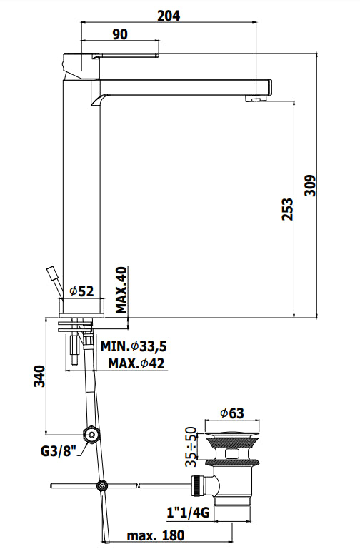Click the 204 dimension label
169,16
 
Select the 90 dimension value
120,34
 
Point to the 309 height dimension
310,185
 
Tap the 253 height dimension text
288,209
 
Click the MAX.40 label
121,290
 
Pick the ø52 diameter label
81,291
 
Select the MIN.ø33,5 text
134,346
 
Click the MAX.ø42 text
136,363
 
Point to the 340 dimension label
39,376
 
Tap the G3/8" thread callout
59,450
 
